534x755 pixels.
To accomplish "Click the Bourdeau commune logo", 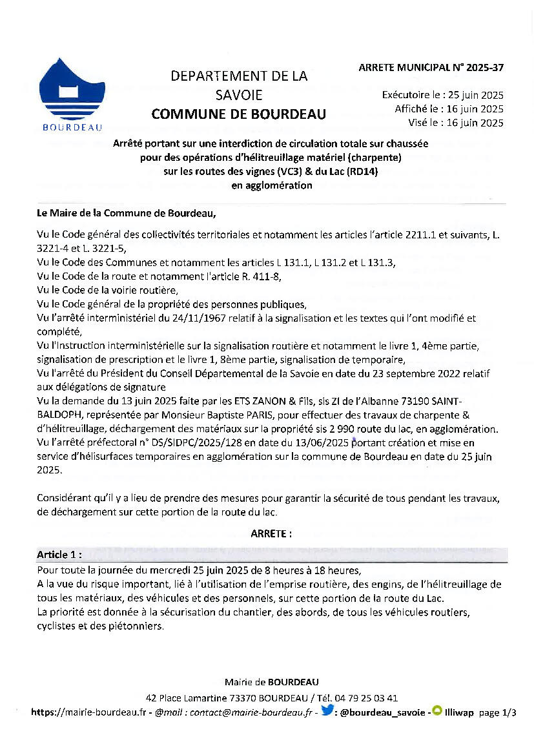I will pyautogui.click(x=72, y=94).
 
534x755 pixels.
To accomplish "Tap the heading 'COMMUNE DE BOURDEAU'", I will pyautogui.click(x=239, y=115).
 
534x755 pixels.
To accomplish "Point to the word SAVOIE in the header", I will pyautogui.click(x=239, y=95).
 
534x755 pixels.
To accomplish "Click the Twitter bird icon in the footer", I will pyautogui.click(x=327, y=711).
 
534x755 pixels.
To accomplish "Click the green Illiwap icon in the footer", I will pyautogui.click(x=436, y=711).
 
